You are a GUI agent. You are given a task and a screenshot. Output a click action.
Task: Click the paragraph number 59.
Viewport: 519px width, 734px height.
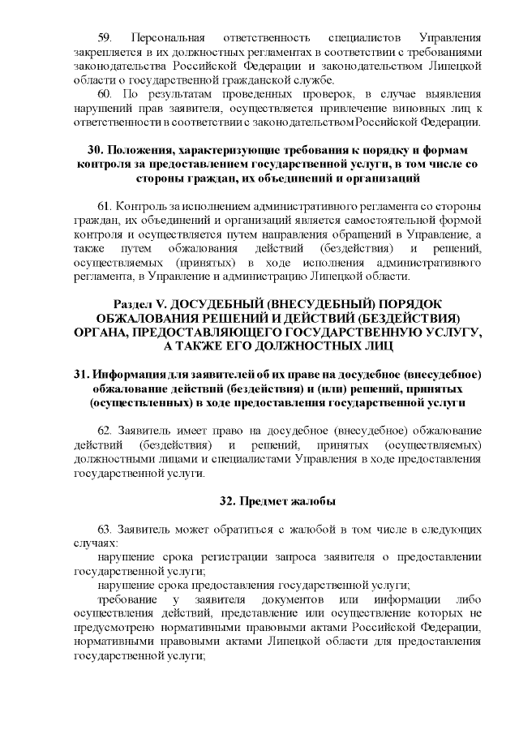click(x=103, y=38)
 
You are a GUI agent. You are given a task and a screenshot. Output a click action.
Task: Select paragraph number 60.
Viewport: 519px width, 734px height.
click(x=103, y=93)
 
